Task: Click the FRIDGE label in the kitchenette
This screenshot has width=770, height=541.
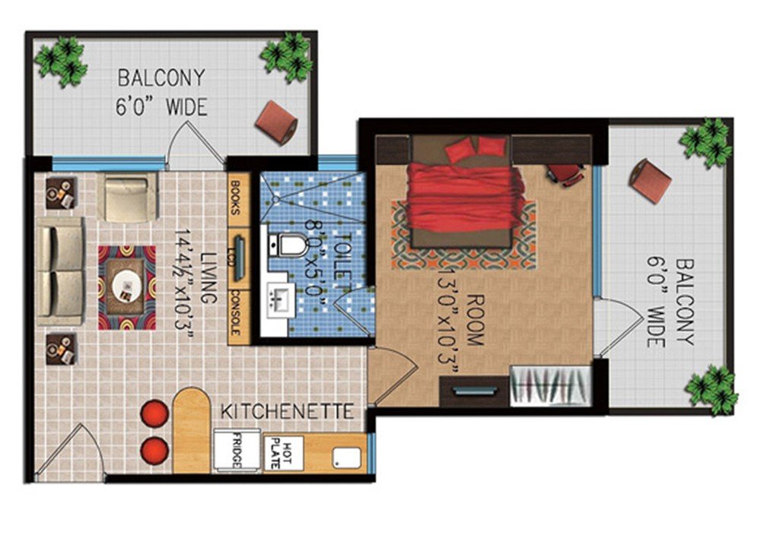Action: (x=237, y=451)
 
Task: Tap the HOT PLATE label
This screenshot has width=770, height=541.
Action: (x=281, y=452)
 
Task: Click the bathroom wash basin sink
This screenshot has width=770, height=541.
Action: (x=278, y=298)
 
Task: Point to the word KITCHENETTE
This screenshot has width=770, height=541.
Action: (x=288, y=412)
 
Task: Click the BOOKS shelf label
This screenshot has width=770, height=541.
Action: (x=235, y=198)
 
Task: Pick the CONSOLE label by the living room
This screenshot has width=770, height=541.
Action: (x=235, y=312)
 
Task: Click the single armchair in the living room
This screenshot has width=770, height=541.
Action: (x=127, y=198)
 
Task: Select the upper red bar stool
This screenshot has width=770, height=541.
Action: (x=154, y=414)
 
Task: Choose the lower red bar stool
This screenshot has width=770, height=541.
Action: (x=154, y=451)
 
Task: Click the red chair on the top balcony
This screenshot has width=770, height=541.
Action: (x=276, y=122)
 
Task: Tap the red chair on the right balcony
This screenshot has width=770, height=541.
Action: (x=651, y=180)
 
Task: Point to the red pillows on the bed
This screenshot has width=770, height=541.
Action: (x=476, y=147)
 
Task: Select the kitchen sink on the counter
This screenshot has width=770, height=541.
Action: (x=347, y=458)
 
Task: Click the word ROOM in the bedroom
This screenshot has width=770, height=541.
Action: (x=475, y=320)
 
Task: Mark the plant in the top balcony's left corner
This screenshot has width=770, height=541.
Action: (x=62, y=62)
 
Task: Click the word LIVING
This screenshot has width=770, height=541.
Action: (x=208, y=278)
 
